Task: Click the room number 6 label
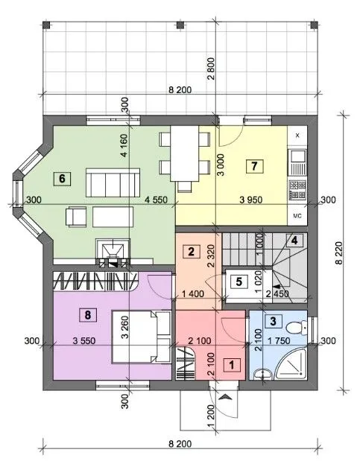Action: [62, 178]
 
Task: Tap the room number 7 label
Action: [255, 166]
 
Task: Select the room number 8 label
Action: [88, 315]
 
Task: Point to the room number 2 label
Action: [191, 252]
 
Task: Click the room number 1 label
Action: [232, 365]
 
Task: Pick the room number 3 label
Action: [273, 321]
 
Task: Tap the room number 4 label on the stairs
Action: [294, 241]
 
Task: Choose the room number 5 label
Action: [239, 282]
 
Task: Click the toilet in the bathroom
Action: [297, 327]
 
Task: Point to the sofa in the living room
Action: [113, 182]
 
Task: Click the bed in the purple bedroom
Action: [142, 337]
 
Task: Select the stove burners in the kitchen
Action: [297, 190]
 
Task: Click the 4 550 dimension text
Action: [156, 200]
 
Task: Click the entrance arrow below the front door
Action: [226, 398]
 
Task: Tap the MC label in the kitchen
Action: [297, 216]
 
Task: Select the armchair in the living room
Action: [75, 217]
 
